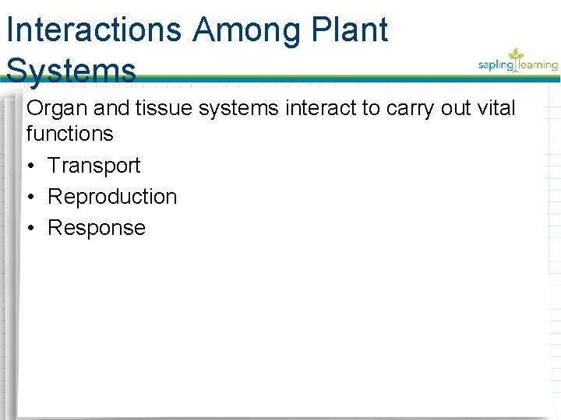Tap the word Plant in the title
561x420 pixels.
(350, 31)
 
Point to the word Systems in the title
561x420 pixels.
(71, 71)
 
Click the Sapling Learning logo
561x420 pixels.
(518, 62)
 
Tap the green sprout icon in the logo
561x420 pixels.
(516, 54)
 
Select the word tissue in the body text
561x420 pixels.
(164, 108)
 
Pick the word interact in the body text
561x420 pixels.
(319, 108)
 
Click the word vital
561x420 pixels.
(496, 108)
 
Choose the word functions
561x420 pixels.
(69, 134)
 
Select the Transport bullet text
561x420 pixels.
(93, 166)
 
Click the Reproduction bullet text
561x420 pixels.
(112, 197)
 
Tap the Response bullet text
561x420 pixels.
(97, 228)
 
